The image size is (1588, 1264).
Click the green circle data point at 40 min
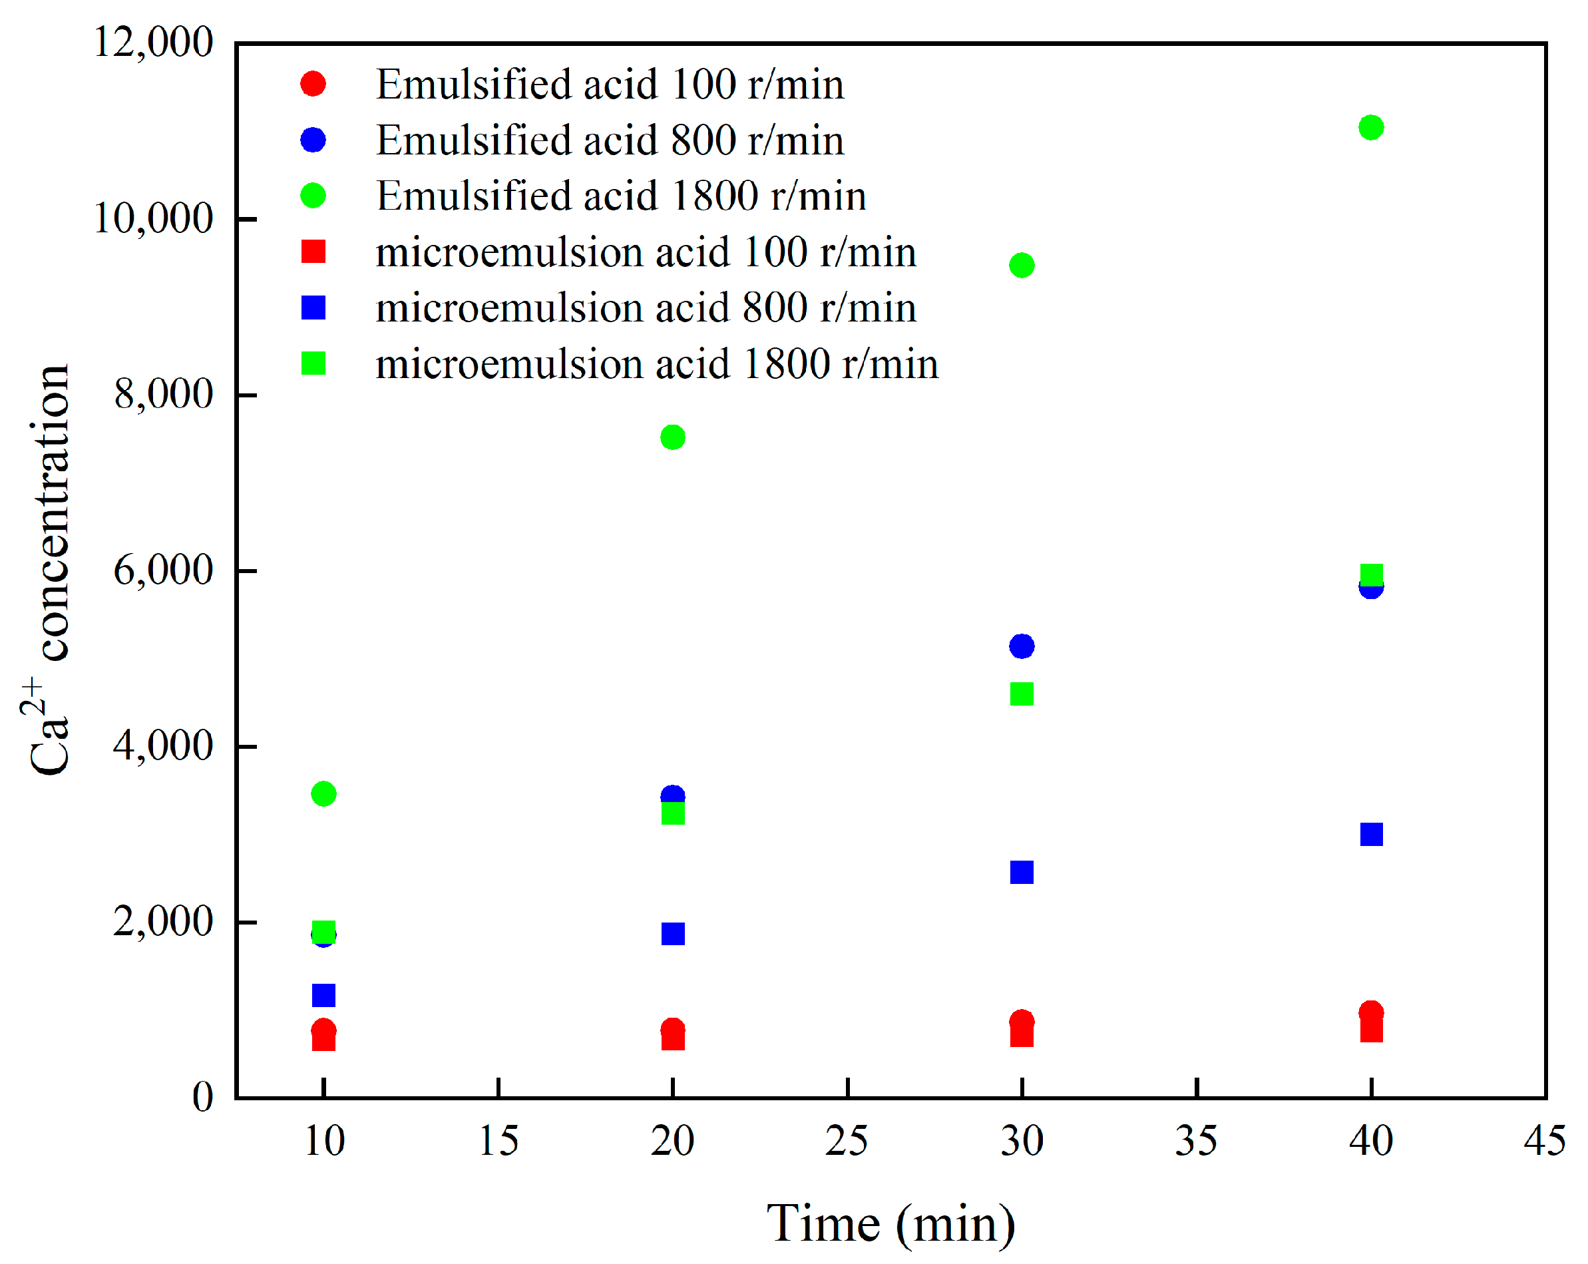tap(1371, 127)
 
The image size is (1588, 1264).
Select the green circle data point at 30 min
tap(1022, 265)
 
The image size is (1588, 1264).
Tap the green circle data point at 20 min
tap(672, 437)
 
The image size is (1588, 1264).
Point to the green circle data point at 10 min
tap(323, 794)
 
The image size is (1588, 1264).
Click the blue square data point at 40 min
tap(1372, 835)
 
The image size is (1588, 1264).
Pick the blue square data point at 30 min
tap(1022, 872)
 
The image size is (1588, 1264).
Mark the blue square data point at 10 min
tap(323, 995)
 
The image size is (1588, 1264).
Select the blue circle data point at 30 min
tap(1022, 646)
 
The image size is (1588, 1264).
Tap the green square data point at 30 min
tap(1022, 694)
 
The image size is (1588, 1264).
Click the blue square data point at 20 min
tap(672, 934)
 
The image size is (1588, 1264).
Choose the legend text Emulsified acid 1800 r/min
tap(621, 196)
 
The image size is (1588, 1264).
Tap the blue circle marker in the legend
tap(313, 140)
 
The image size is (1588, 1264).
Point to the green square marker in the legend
tap(313, 363)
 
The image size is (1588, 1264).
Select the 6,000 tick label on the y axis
tap(163, 570)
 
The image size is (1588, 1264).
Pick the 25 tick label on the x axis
tap(847, 1141)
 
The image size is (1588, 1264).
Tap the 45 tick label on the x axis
tap(1545, 1141)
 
